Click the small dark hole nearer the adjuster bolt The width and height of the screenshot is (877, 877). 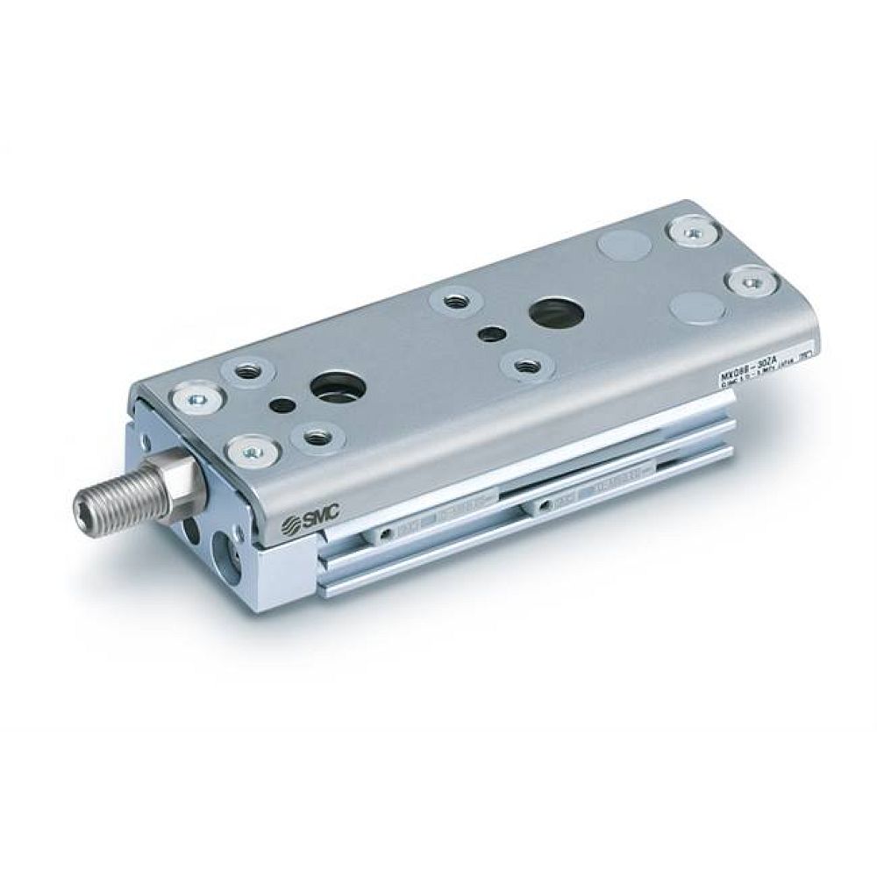284,405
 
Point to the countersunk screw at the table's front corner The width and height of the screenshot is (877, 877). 194,396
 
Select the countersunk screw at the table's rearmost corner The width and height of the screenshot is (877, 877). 693,232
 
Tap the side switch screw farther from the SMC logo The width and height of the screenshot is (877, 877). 545,505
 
